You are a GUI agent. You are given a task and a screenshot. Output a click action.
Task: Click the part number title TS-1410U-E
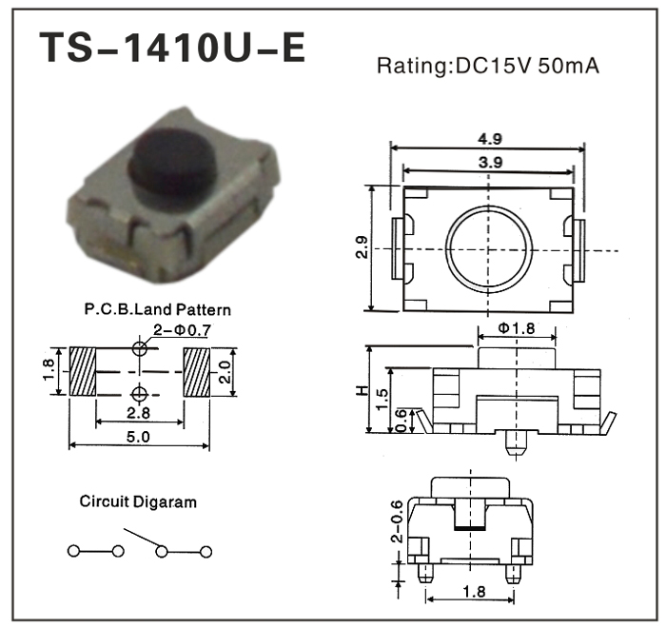click(x=172, y=48)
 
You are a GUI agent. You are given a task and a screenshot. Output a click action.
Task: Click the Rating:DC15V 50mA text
click(x=488, y=66)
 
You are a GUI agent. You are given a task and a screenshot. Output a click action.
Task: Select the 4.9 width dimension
click(x=490, y=139)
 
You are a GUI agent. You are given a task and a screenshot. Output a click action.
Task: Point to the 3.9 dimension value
click(x=491, y=162)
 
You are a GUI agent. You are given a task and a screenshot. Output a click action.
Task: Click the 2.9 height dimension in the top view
click(x=362, y=247)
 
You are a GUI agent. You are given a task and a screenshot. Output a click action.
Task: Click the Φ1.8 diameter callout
click(x=516, y=328)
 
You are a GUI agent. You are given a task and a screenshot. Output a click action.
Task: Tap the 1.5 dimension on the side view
click(x=382, y=399)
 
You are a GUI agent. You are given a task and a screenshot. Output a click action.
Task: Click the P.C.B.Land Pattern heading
click(x=158, y=309)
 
